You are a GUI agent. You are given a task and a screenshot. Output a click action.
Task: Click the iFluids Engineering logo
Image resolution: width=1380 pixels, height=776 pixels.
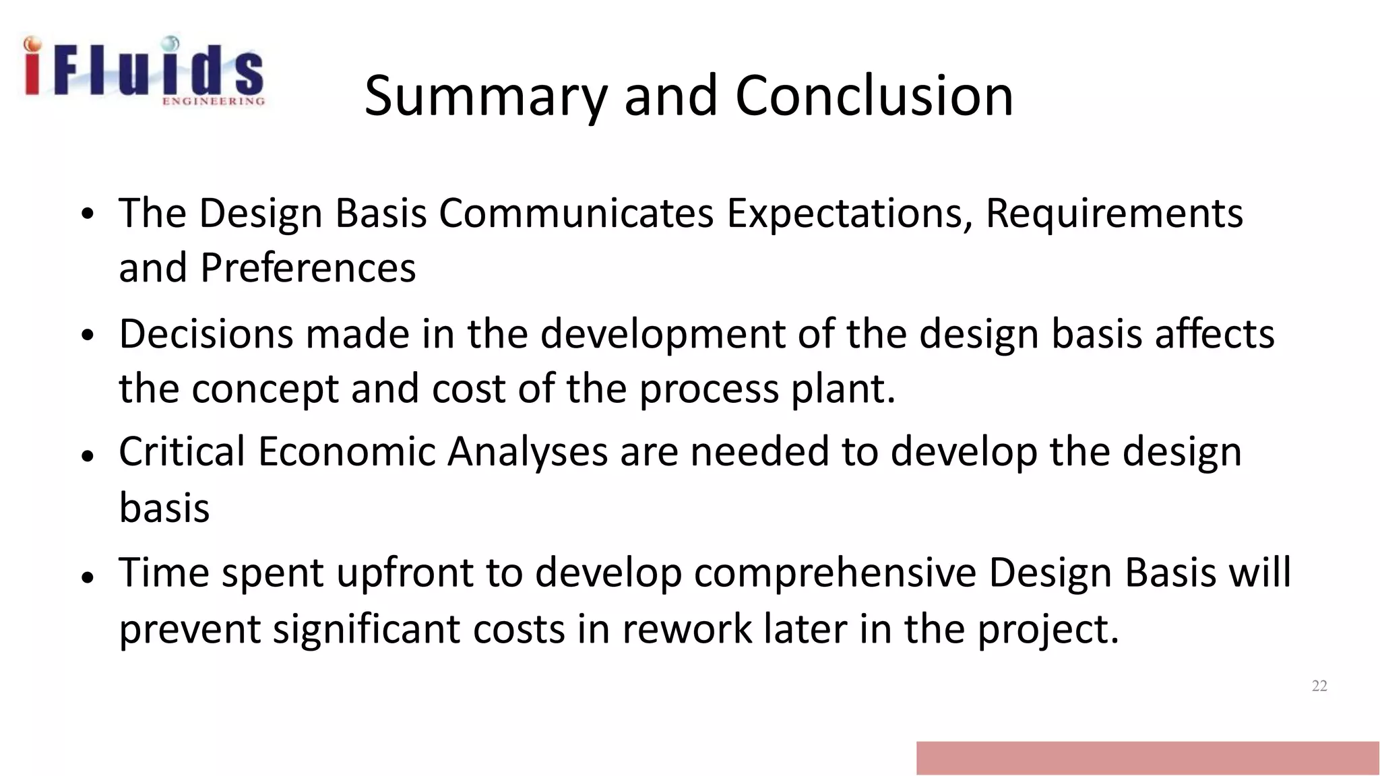coord(144,71)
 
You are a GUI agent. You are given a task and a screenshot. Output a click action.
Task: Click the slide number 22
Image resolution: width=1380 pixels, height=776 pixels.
coord(1319,686)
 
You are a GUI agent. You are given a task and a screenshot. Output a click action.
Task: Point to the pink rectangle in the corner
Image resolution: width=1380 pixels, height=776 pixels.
coord(1147,758)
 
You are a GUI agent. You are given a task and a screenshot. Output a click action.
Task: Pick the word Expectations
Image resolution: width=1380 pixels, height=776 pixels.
coord(850,214)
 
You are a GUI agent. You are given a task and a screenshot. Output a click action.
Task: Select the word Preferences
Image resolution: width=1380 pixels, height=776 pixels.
coord(308,268)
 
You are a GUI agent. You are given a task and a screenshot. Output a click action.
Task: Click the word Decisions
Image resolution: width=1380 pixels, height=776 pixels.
coord(206,334)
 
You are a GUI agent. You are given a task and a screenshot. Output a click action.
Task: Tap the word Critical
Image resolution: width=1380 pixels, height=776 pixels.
coord(182,451)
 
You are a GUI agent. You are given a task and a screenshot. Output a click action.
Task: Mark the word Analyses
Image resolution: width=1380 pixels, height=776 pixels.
coord(528,451)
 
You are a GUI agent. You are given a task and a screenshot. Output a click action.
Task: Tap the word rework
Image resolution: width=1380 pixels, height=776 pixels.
coord(686,629)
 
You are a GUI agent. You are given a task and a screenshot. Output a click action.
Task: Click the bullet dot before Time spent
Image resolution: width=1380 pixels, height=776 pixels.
coord(86,577)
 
